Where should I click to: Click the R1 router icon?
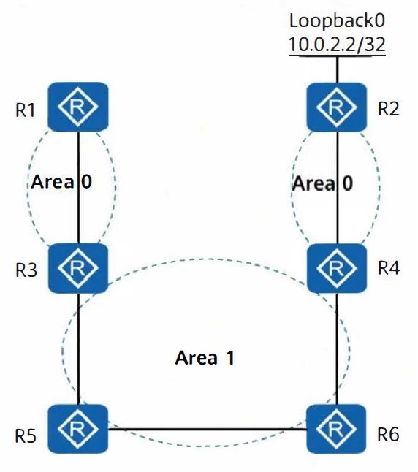[78, 107]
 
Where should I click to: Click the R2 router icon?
[337, 107]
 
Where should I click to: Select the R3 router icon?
[78, 268]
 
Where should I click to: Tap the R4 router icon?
[337, 268]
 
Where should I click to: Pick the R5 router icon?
[78, 429]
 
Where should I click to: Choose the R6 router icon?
[337, 429]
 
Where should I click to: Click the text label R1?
[26, 110]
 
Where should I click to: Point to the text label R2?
[389, 109]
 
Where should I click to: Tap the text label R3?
[26, 270]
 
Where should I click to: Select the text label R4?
[389, 267]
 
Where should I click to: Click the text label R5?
[26, 436]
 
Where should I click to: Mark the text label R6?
[389, 435]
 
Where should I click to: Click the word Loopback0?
[337, 21]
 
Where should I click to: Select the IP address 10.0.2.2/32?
[337, 45]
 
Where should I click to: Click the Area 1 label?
[205, 357]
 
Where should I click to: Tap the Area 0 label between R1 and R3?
[61, 182]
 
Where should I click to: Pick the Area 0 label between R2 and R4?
[322, 183]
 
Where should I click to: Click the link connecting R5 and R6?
[208, 429]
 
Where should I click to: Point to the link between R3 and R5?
[79, 349]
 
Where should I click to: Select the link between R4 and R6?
[337, 349]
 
